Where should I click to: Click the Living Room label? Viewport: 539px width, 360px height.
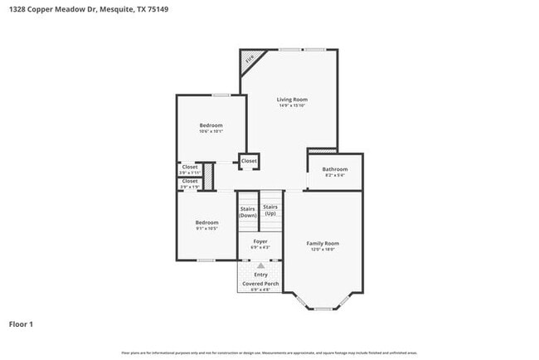[x=292, y=99]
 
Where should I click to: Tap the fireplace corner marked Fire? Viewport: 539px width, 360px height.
[x=249, y=59]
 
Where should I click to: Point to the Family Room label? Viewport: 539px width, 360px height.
[x=323, y=243]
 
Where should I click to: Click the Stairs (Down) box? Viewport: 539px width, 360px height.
[x=248, y=212]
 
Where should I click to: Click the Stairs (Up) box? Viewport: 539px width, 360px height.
[x=270, y=210]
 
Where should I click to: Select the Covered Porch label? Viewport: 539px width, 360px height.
[x=260, y=284]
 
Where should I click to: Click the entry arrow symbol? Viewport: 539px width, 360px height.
[x=260, y=265]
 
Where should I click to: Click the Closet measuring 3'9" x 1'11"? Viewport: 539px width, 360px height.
[x=190, y=169]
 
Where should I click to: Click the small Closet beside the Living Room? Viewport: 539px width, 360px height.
[x=249, y=160]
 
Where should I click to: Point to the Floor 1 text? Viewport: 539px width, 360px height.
[x=21, y=324]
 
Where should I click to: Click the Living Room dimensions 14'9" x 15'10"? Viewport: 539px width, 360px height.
[x=292, y=105]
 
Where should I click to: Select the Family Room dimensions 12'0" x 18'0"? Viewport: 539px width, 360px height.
[x=323, y=250]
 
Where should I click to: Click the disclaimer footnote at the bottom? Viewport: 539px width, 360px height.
[x=269, y=353]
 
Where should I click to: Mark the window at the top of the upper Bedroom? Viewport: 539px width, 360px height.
[x=221, y=95]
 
